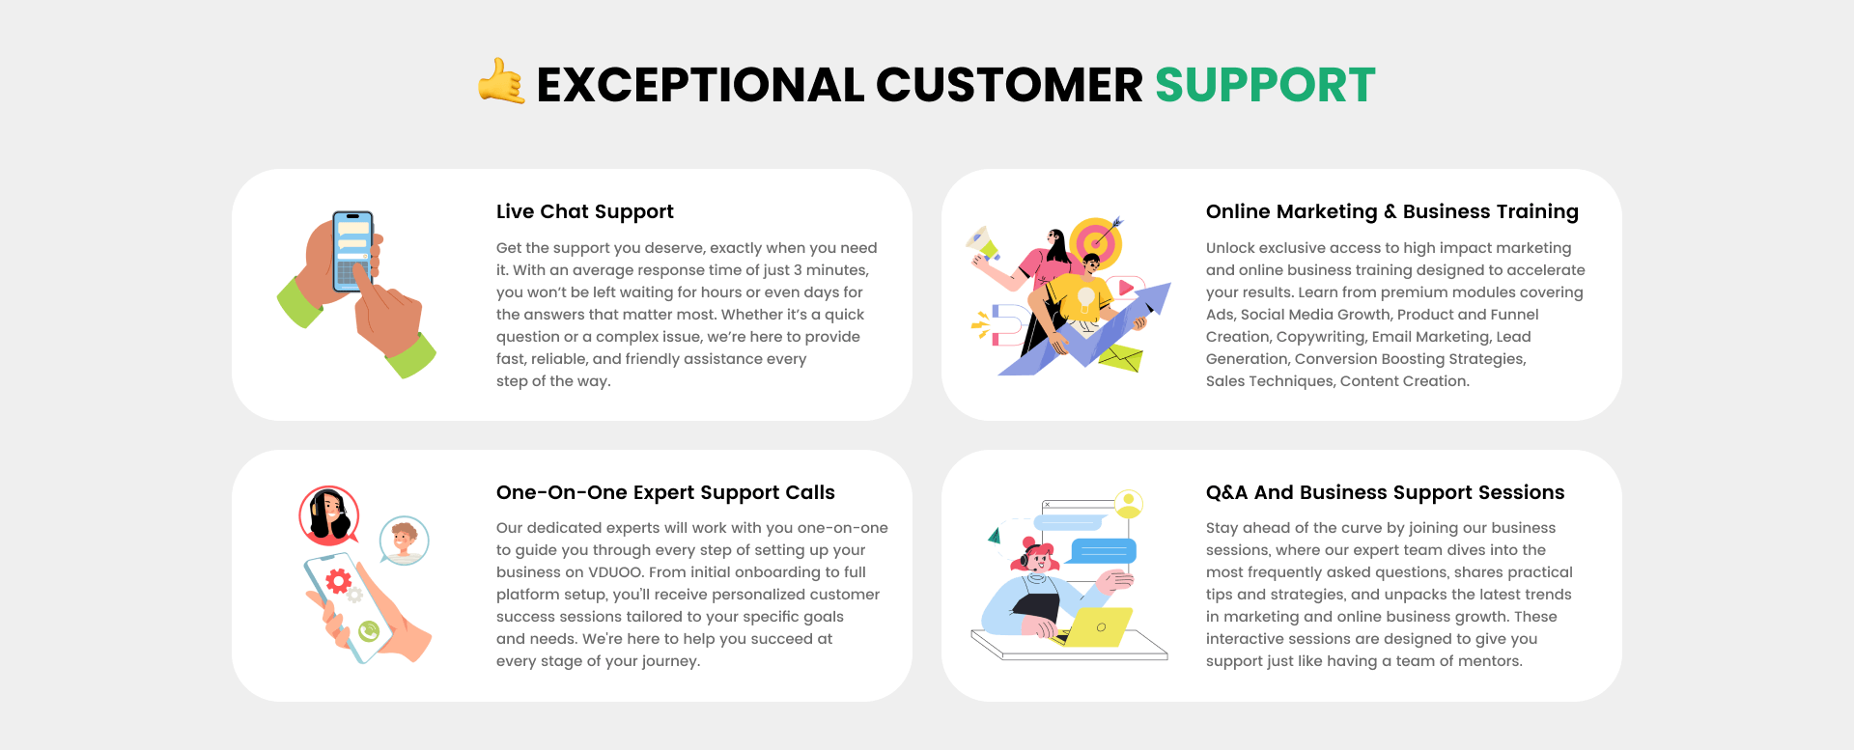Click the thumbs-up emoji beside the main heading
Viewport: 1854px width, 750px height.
502,81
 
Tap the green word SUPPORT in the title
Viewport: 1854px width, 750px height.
1265,85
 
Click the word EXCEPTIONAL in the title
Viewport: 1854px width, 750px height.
700,85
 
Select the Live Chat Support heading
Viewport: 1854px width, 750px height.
585,211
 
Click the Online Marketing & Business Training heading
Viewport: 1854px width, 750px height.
1392,211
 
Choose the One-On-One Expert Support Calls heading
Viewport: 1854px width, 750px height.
665,492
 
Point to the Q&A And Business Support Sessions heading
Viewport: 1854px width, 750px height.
1385,492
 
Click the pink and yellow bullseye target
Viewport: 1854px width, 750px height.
1096,242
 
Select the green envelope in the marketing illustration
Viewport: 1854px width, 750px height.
1120,358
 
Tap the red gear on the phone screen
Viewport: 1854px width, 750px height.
338,580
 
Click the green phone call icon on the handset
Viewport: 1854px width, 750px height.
369,631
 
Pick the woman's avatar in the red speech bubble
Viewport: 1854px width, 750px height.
329,515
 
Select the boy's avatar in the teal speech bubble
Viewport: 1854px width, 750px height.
404,541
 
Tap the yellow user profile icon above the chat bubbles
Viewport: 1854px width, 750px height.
1128,504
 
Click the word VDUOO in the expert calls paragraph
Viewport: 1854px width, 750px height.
615,572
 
